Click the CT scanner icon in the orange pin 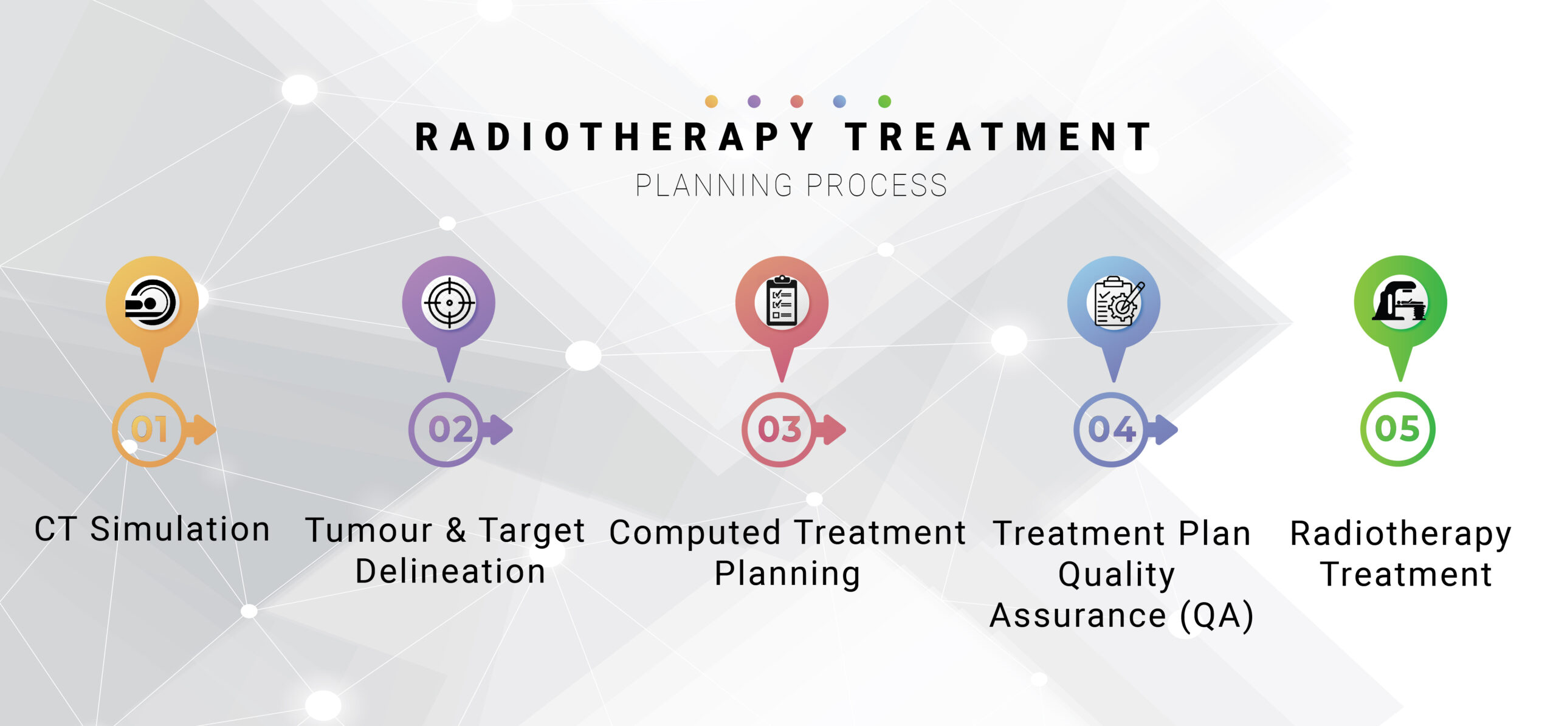(151, 303)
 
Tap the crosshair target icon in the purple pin (449, 303)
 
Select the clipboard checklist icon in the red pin (782, 302)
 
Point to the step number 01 (150, 430)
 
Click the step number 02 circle (447, 430)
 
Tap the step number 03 (780, 430)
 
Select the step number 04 (1112, 430)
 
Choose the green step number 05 (1397, 429)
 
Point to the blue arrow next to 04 (1162, 430)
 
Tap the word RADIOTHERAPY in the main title (614, 137)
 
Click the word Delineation (450, 571)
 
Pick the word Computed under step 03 (695, 533)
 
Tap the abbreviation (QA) (1217, 615)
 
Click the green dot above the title (885, 101)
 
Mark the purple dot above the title (754, 101)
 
